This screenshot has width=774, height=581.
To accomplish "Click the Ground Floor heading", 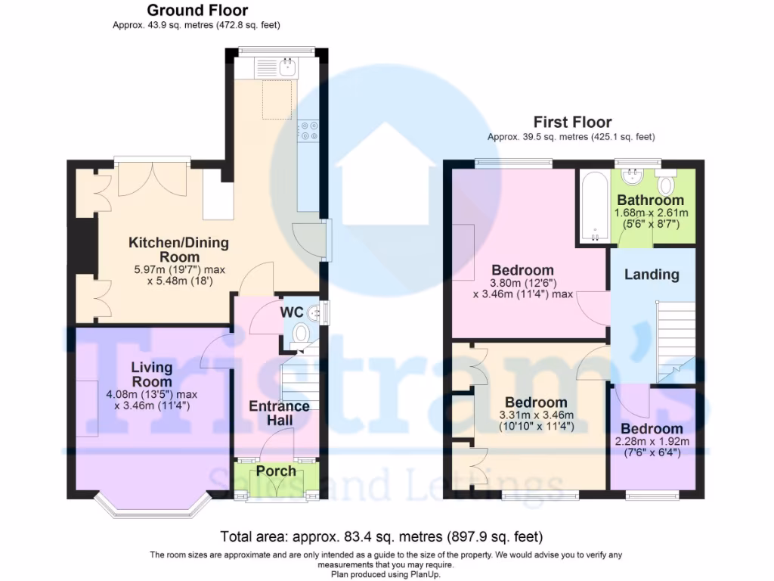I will pos(197,11).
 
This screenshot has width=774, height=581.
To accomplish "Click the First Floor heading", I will pos(572,122).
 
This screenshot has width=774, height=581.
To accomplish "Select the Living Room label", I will pos(152,374).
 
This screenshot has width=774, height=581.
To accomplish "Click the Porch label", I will pos(276,471).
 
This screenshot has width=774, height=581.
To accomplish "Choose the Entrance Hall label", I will pos(279,413).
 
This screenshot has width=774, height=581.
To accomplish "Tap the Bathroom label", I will pos(650,200).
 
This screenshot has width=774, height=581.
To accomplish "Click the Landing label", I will pos(651,274).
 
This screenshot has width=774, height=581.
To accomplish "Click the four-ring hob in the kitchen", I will pos(309,132).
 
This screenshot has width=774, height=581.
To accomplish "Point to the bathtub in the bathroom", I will pos(595,206).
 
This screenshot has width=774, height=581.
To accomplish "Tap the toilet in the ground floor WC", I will pos(301,332).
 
